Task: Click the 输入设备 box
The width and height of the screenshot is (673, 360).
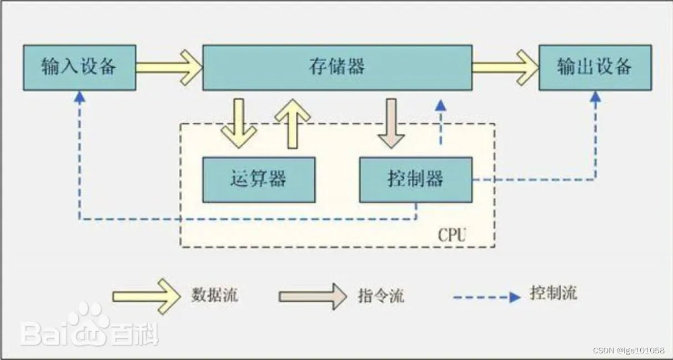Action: (x=79, y=68)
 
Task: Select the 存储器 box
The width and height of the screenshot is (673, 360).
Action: (x=337, y=68)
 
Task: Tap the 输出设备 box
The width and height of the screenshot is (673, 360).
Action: (x=595, y=68)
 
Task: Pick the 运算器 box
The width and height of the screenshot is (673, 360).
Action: (x=259, y=179)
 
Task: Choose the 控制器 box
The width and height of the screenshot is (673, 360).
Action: (x=416, y=179)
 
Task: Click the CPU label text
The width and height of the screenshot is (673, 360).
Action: (x=452, y=234)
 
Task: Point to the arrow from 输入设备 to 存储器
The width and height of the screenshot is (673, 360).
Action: (x=169, y=68)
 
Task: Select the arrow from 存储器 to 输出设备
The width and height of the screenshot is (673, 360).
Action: (x=505, y=68)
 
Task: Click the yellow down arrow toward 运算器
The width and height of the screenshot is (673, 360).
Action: (x=239, y=123)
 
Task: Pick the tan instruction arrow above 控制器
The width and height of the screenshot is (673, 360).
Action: (x=391, y=123)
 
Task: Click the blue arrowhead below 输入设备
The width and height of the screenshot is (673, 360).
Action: (x=80, y=97)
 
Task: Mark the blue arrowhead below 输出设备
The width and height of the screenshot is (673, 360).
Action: (x=595, y=97)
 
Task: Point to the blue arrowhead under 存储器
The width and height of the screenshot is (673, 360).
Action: (x=440, y=105)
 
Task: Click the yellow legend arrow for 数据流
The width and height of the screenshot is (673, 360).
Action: (x=146, y=296)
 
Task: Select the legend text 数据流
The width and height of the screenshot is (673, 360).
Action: (x=215, y=294)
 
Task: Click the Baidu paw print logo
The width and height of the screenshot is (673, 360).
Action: (x=88, y=322)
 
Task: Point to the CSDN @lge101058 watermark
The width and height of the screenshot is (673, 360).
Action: (x=629, y=351)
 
